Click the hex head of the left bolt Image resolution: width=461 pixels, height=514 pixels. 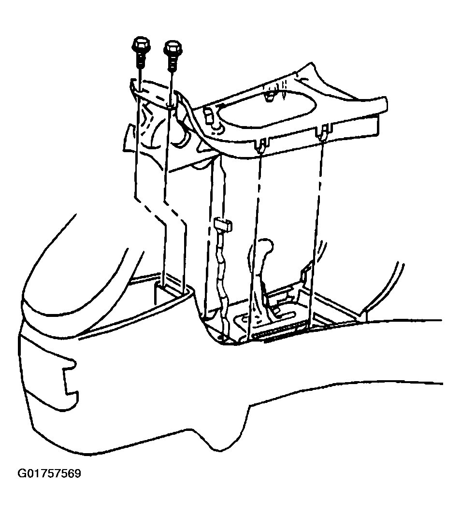(141, 44)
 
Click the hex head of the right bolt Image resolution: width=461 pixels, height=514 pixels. (173, 48)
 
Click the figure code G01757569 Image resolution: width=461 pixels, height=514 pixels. (49, 474)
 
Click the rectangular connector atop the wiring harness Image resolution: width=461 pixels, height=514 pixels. (223, 224)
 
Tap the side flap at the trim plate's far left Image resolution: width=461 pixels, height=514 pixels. (130, 138)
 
